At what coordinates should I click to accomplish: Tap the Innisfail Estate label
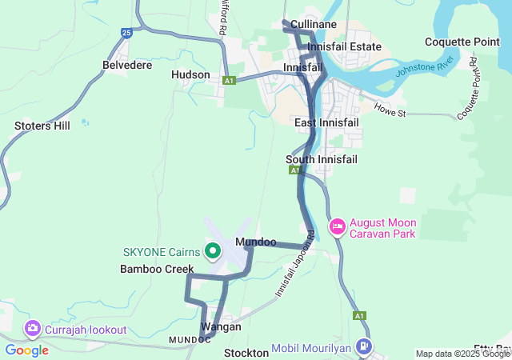tap(344, 47)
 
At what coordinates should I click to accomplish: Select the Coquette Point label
tap(462, 42)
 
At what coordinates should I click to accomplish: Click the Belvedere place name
tap(127, 65)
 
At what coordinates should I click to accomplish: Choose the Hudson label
tap(190, 74)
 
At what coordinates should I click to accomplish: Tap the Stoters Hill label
tap(42, 126)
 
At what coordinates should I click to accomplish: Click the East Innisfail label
tap(326, 122)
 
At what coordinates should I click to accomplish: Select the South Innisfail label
tap(322, 159)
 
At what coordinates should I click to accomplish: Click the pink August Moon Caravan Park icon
tap(338, 227)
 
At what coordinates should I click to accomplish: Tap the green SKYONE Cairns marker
tap(213, 251)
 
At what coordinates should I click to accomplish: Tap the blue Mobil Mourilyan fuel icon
tap(364, 347)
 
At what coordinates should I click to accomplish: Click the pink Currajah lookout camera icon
tap(33, 329)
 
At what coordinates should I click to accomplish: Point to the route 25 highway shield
tap(126, 33)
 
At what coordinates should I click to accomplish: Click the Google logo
tap(26, 350)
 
